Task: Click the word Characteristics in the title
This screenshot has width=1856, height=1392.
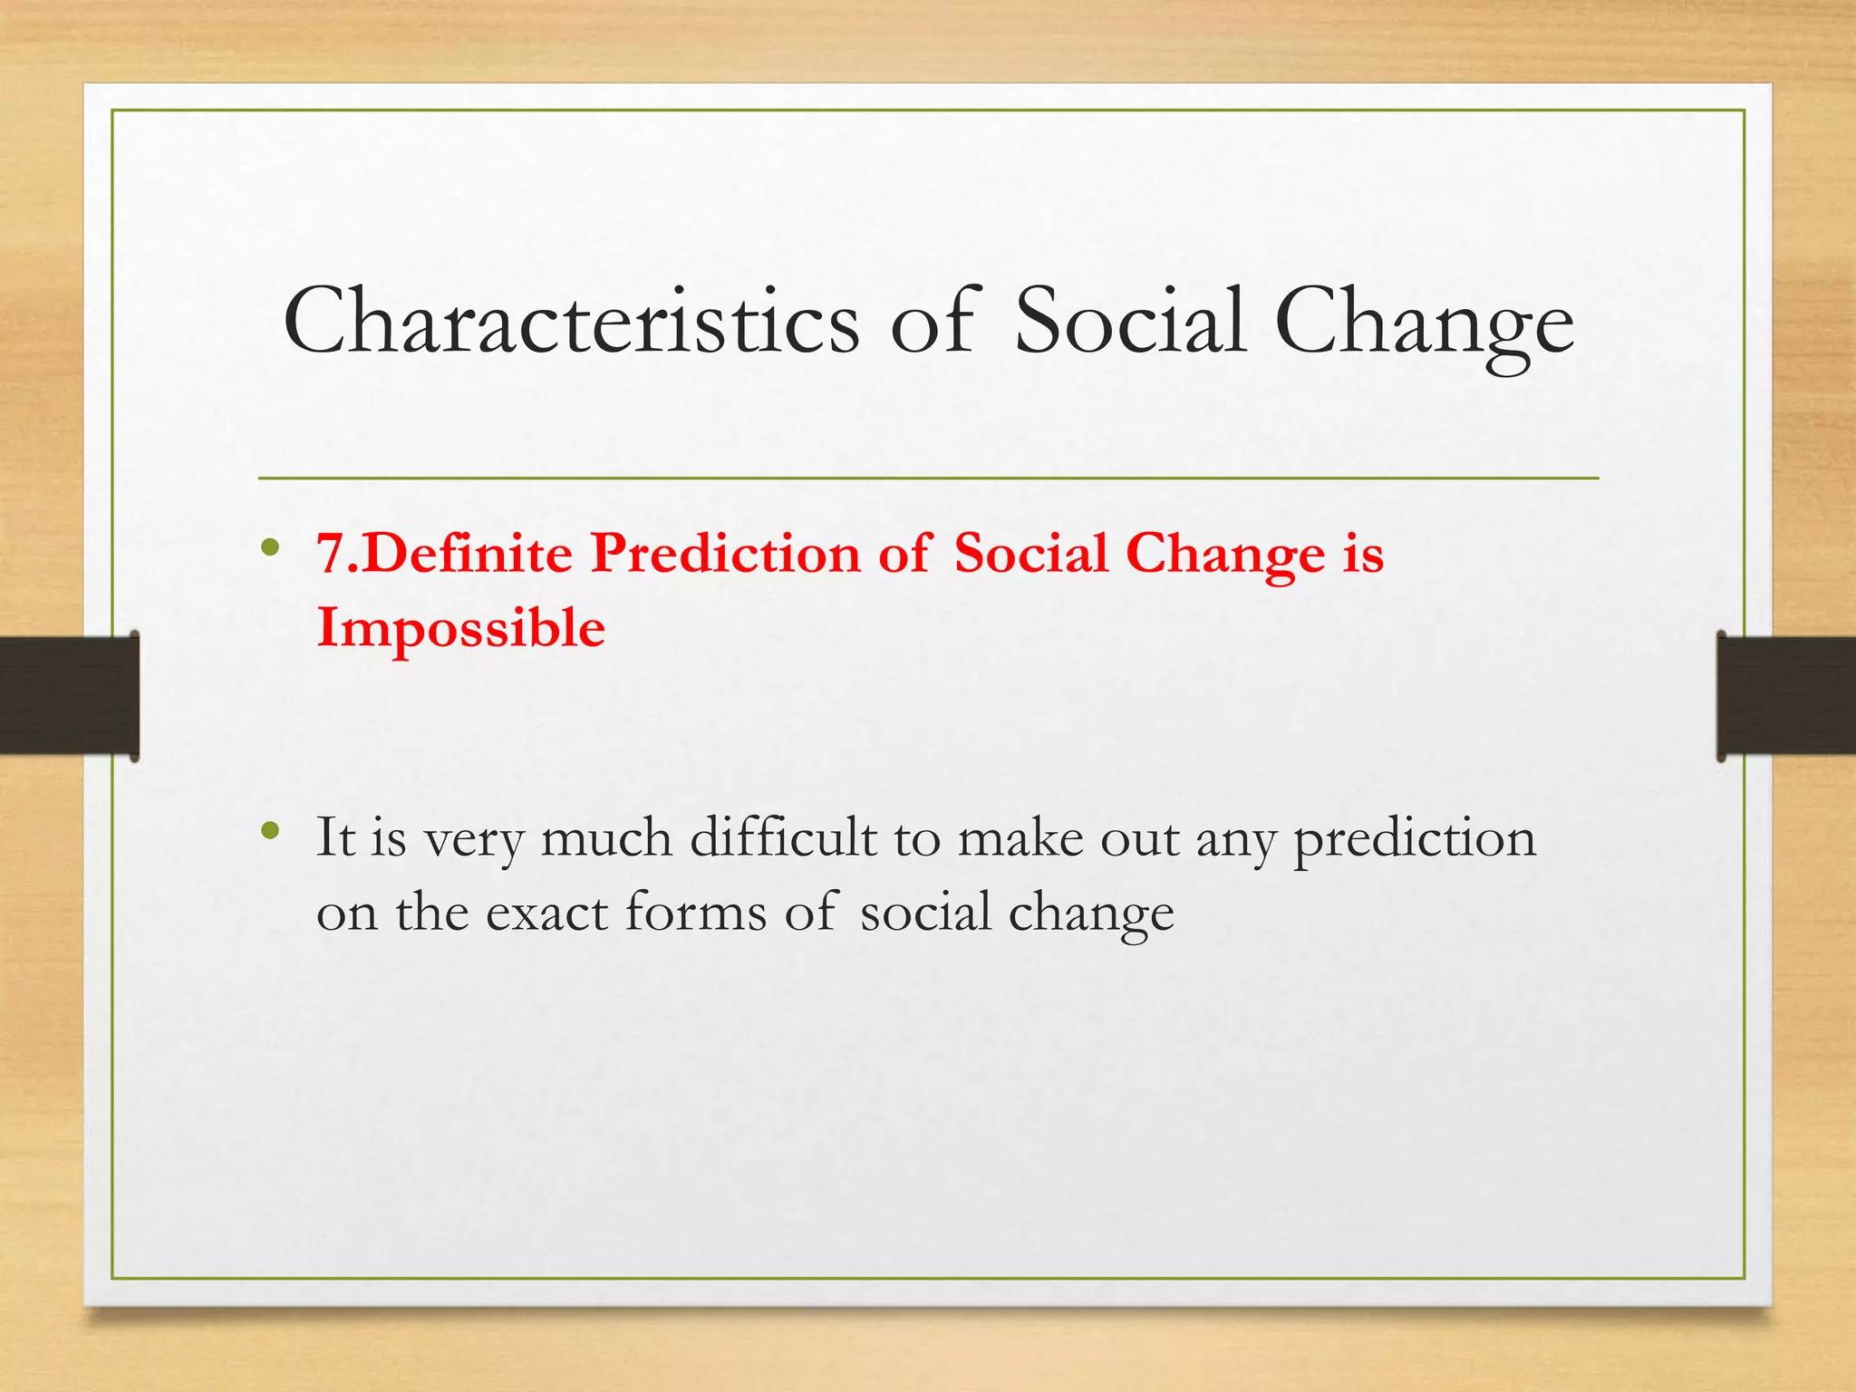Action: pyautogui.click(x=571, y=323)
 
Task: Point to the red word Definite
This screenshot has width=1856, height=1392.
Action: pyautogui.click(x=470, y=553)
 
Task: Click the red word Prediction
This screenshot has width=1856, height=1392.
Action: pyautogui.click(x=724, y=553)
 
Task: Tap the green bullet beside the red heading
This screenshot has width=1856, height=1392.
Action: pyautogui.click(x=268, y=547)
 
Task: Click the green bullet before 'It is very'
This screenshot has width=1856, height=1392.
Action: pyautogui.click(x=268, y=830)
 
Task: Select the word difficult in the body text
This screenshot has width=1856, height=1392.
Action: pyautogui.click(x=783, y=837)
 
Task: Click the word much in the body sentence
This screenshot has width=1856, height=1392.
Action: pyautogui.click(x=606, y=837)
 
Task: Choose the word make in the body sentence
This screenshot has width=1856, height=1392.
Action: pyautogui.click(x=1020, y=837)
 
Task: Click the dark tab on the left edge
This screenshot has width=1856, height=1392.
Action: pyautogui.click(x=69, y=695)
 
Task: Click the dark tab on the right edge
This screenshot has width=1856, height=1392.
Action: pyautogui.click(x=1785, y=695)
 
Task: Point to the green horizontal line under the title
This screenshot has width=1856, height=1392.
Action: pyautogui.click(x=928, y=478)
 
